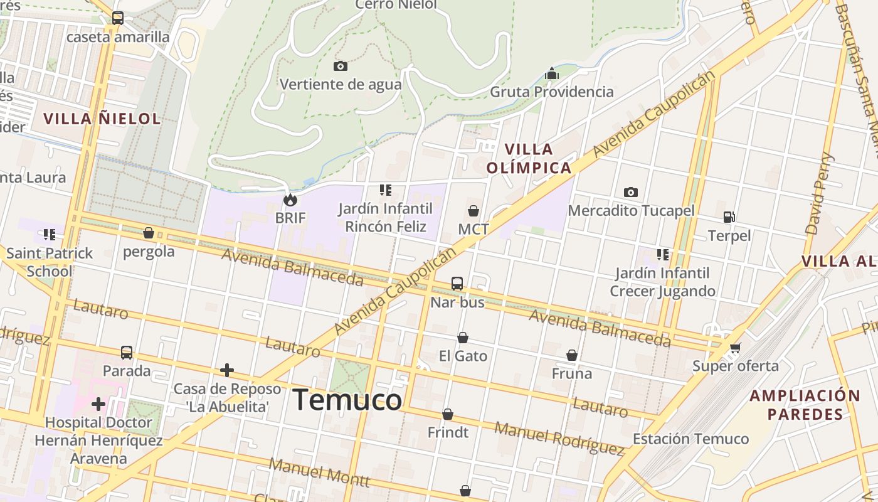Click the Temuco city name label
(347, 400)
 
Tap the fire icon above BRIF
(290, 200)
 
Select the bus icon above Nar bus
(457, 284)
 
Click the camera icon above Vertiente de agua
(341, 66)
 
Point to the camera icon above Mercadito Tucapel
(631, 192)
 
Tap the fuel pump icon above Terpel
(729, 217)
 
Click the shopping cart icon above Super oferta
(735, 348)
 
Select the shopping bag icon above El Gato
(463, 338)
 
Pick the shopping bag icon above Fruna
(572, 355)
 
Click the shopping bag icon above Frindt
(448, 414)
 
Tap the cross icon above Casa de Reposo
(227, 370)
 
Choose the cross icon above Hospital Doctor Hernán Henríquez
(98, 403)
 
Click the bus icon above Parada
(127, 353)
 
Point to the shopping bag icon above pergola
(149, 233)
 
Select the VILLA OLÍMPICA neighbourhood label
(529, 158)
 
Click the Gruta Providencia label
(552, 92)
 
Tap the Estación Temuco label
(690, 439)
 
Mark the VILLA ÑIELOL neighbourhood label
(102, 119)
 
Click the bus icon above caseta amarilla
(118, 18)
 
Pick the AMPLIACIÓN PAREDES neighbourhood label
(805, 405)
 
